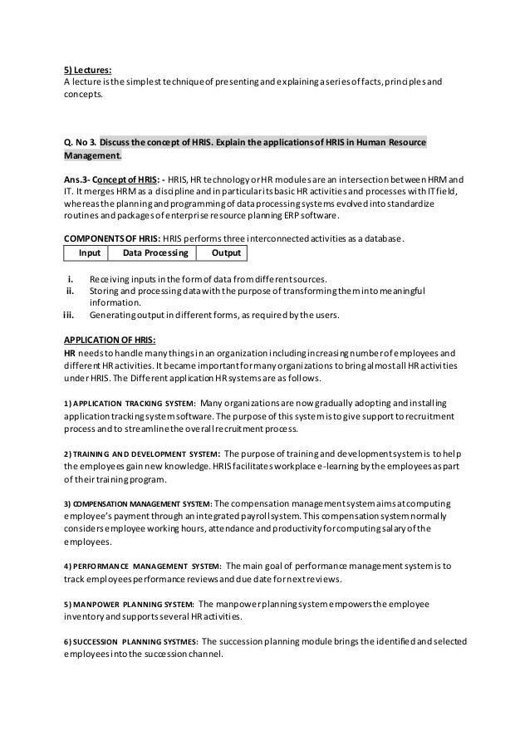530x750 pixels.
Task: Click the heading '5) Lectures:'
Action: coord(88,70)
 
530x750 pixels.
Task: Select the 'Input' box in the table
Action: coord(89,252)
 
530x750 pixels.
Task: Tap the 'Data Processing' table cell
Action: coord(155,252)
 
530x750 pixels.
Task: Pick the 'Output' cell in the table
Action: coord(222,252)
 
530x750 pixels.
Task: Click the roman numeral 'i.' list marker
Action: coord(74,278)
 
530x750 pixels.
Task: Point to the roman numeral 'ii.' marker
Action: coord(72,291)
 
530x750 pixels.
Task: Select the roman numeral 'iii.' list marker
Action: coord(71,315)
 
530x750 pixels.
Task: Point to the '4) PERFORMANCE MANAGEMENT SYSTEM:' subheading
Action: coord(142,566)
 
